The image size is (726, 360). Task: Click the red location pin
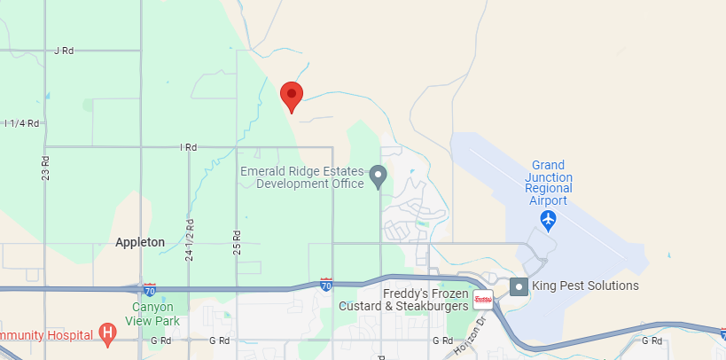coord(291,96)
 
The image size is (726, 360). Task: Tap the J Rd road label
coord(64,51)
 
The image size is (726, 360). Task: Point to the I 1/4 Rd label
coord(21,123)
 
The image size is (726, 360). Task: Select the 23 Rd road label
coord(45,168)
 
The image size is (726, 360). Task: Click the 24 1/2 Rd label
coord(189,239)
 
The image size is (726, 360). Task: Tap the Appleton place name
coord(140,242)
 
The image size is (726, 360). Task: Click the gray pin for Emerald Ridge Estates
coord(379,176)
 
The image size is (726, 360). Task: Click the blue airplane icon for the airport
coord(549,218)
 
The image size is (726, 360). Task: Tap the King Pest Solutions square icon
coord(519,286)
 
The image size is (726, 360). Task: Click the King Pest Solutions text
coord(585,286)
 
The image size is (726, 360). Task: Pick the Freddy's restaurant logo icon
coord(483,299)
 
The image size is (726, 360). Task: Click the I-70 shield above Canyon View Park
coord(149,289)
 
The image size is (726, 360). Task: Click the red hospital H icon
coord(108,335)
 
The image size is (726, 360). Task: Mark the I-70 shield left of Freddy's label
coord(327,285)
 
